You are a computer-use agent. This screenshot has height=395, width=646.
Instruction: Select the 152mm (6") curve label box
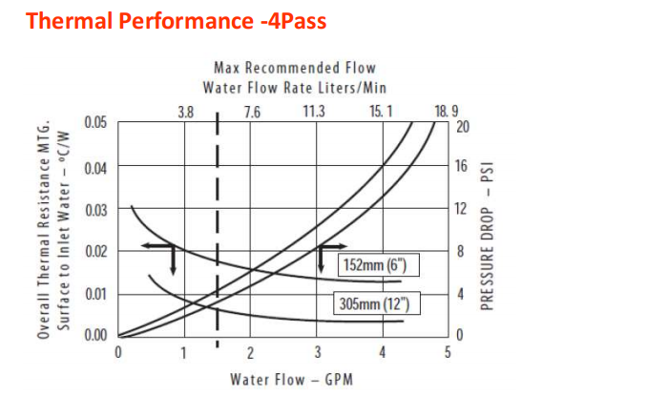[x=379, y=264]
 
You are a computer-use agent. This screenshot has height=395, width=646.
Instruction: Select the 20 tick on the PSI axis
[x=464, y=126]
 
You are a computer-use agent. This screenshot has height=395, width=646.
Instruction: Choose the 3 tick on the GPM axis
[x=316, y=353]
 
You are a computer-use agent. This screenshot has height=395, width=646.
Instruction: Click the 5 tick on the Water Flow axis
[x=448, y=353]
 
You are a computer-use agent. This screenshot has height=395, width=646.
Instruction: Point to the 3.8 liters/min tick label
[x=186, y=112]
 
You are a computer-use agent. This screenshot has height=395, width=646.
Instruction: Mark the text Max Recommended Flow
[x=296, y=68]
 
